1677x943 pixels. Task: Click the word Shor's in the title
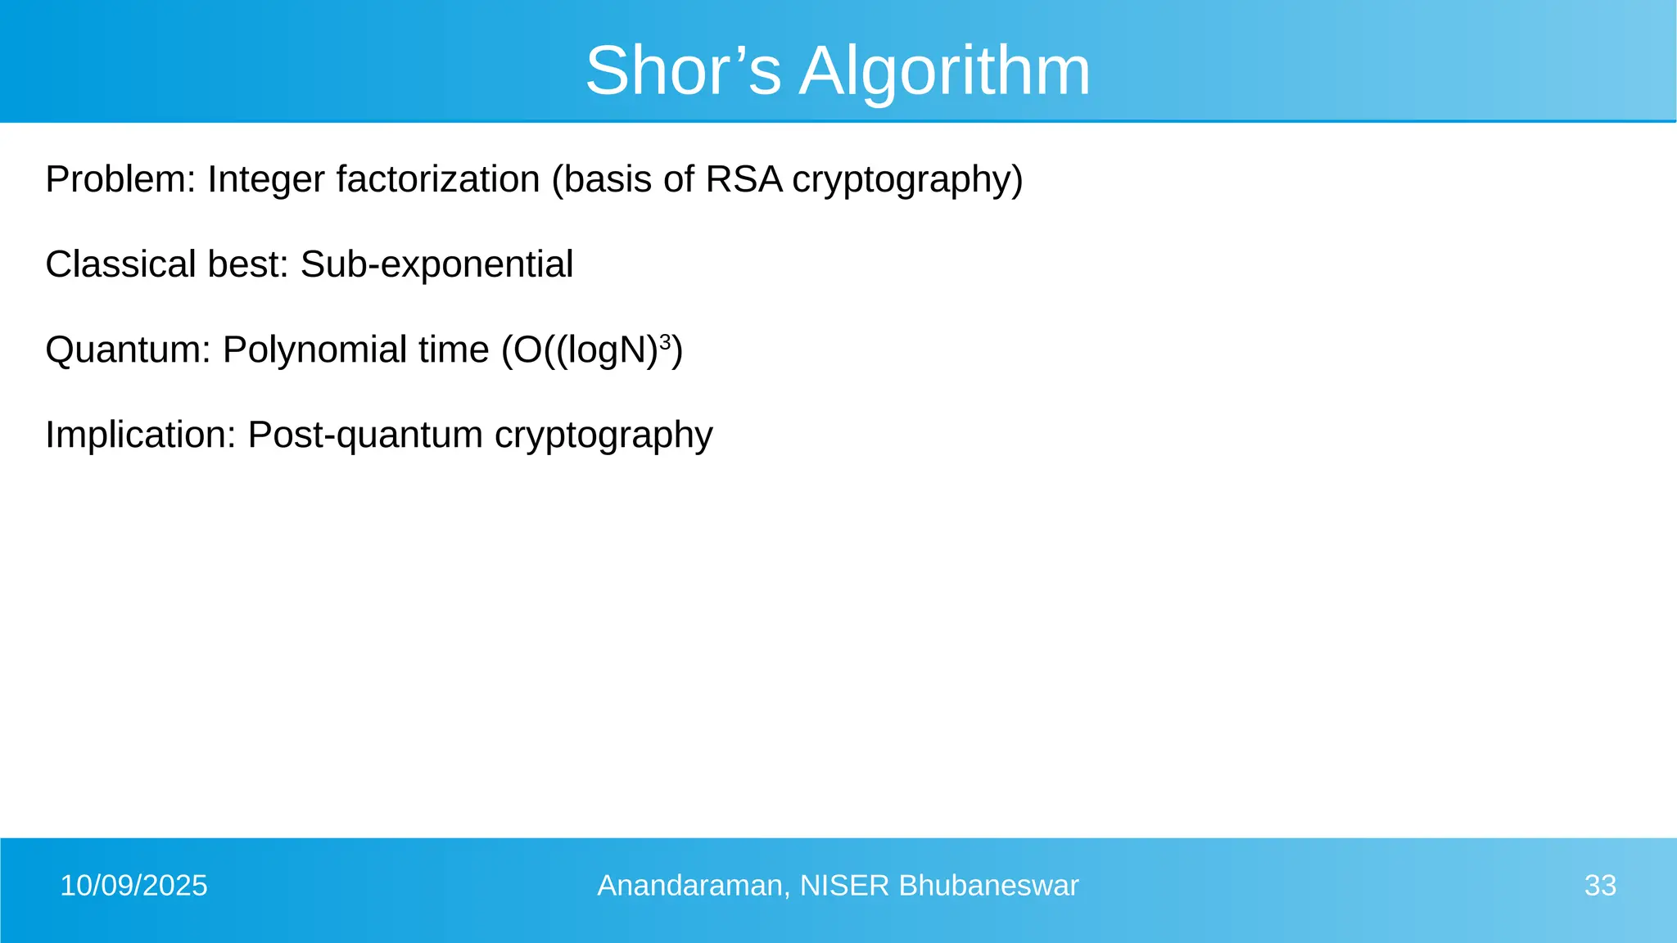click(683, 70)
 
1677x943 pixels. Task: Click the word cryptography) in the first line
click(907, 179)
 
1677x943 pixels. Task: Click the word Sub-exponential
click(436, 264)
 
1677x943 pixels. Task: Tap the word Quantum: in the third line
click(128, 350)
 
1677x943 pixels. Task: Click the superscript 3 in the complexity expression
click(665, 341)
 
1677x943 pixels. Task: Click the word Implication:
click(140, 435)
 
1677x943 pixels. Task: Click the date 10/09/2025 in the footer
click(133, 886)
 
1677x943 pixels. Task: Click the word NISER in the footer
click(844, 886)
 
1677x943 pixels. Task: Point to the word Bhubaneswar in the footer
click(988, 886)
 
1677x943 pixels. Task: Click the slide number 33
click(1600, 886)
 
